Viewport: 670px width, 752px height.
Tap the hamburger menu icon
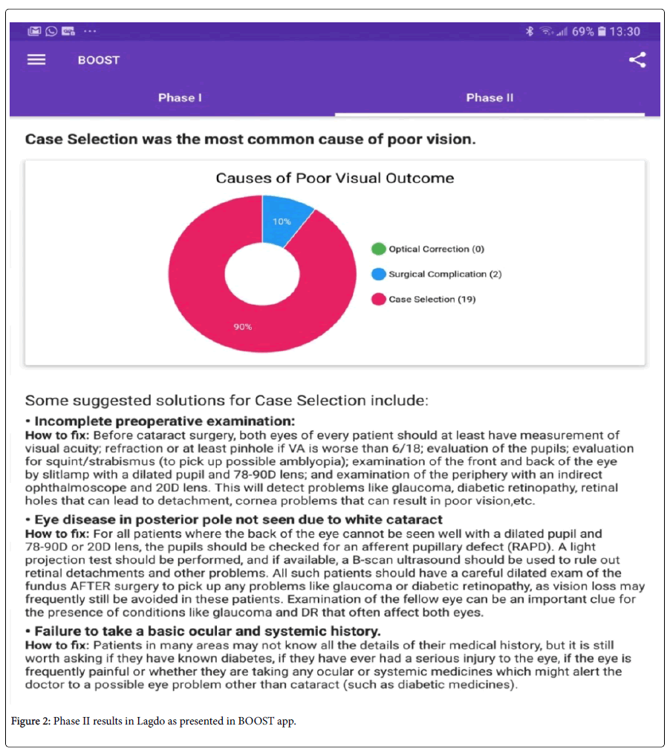(x=36, y=60)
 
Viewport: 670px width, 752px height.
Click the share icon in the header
(x=637, y=60)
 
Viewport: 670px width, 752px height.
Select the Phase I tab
(x=180, y=97)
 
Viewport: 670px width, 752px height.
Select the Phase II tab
(x=490, y=97)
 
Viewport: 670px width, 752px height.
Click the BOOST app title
(x=99, y=60)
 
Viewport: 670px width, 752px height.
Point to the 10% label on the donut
(x=282, y=222)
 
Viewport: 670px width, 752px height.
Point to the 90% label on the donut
(x=243, y=327)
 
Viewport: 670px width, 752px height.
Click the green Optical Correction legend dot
(x=379, y=250)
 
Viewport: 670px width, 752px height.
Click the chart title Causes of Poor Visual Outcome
(x=334, y=178)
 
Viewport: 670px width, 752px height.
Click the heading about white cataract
(x=238, y=519)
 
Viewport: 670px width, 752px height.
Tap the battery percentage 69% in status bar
(x=582, y=32)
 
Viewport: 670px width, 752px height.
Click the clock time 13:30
(x=625, y=32)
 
